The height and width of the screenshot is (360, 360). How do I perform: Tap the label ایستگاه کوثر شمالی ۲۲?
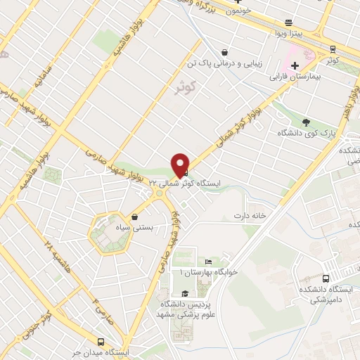220,181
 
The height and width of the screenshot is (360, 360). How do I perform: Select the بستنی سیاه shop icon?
134,217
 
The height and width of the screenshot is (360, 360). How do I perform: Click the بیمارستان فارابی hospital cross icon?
295,65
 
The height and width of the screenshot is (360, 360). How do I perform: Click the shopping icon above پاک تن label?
224,51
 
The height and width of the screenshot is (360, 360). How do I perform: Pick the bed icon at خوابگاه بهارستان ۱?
199,261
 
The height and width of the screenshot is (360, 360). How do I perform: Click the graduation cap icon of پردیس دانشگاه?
185,294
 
